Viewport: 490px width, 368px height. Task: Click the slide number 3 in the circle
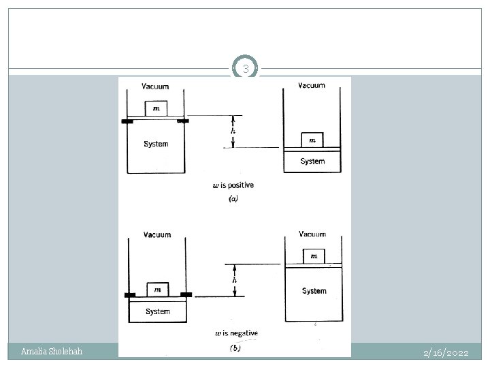[246, 69]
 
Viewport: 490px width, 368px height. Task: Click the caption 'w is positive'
[234, 185]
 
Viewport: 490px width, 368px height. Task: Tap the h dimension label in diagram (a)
[233, 131]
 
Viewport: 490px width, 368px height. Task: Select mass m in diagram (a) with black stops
[156, 109]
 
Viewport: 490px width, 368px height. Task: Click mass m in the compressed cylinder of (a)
[312, 140]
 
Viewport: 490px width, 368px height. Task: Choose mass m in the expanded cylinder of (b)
[314, 256]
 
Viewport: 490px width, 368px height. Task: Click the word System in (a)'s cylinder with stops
[156, 144]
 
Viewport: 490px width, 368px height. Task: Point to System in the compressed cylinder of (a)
[312, 162]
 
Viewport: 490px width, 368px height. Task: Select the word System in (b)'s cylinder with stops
[158, 311]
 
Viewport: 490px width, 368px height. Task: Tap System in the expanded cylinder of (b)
[314, 291]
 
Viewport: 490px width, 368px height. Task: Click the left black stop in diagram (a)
[126, 121]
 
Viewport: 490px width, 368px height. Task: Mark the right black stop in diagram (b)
[186, 294]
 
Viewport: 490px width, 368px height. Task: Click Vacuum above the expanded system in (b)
[312, 234]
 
